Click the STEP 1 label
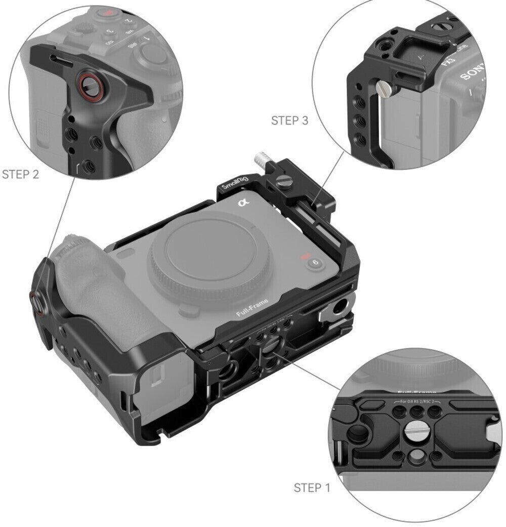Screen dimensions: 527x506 312,488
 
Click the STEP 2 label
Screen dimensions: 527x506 20,175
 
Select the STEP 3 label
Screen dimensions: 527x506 289,120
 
